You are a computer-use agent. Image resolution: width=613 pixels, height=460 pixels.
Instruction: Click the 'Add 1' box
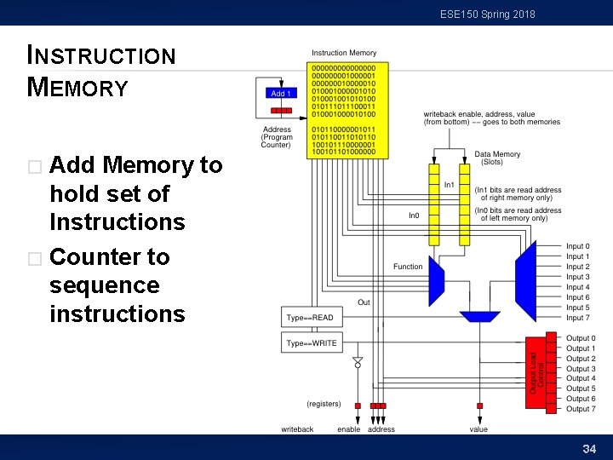coord(281,93)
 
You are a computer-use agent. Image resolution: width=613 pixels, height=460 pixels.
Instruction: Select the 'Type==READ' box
coord(310,318)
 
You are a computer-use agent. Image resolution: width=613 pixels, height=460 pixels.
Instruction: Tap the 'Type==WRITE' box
coord(311,343)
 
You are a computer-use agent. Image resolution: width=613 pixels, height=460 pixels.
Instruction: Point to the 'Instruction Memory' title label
coord(344,53)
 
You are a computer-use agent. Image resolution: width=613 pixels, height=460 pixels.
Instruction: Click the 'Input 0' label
coord(577,247)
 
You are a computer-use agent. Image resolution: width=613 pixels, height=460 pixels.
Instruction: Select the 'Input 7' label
coord(577,318)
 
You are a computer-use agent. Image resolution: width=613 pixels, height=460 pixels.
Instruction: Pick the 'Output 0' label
coord(581,338)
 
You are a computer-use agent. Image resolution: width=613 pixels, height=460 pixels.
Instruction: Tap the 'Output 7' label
coord(581,409)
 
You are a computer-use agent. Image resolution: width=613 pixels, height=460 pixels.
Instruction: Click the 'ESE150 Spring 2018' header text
coord(488,14)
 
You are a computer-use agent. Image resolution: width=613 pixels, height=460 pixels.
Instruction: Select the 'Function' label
coord(408,267)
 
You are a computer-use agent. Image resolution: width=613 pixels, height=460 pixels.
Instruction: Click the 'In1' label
coord(449,185)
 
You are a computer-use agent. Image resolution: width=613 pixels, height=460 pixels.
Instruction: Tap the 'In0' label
coord(414,216)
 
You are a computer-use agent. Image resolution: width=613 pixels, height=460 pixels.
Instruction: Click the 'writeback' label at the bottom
coord(297,429)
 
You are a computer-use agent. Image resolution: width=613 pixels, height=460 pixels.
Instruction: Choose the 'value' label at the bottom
coord(478,429)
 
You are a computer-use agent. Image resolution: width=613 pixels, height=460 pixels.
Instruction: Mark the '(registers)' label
coord(324,404)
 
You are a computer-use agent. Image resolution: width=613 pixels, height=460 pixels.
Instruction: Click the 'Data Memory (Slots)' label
coord(494,158)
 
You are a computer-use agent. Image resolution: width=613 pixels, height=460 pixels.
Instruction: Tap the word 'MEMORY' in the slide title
coord(77,87)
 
